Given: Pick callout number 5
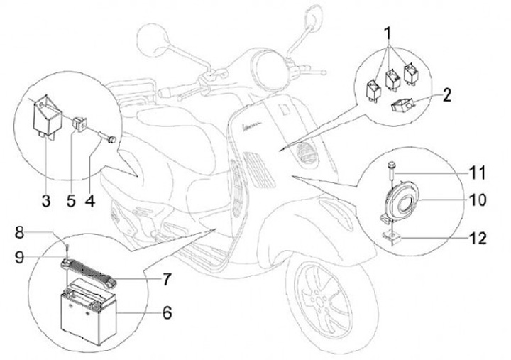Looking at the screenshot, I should [70, 201].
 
